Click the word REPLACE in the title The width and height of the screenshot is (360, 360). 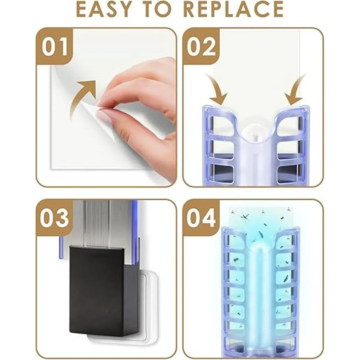click(233, 10)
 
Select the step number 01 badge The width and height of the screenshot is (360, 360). click(54, 46)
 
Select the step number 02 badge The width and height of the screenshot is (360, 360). click(201, 46)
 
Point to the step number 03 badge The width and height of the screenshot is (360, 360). click(54, 217)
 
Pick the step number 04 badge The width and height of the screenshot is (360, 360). click(201, 217)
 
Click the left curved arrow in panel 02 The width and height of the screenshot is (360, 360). click(217, 88)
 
